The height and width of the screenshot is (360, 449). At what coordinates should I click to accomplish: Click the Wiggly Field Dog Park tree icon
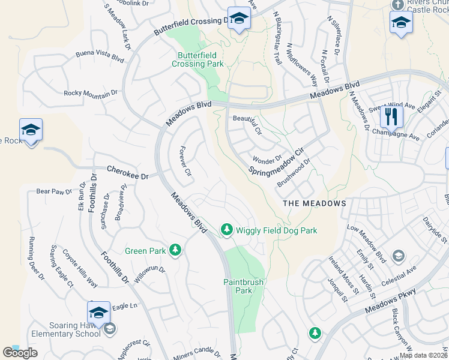tap(226, 230)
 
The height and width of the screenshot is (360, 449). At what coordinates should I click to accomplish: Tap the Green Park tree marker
tap(175, 250)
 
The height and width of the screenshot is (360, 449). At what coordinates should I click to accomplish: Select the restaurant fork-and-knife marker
tap(391, 116)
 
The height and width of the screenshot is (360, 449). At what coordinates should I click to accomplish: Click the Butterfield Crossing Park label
tap(197, 59)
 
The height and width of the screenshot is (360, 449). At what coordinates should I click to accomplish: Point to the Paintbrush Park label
tap(238, 286)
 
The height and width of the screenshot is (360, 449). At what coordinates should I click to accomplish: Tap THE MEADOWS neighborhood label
tap(315, 203)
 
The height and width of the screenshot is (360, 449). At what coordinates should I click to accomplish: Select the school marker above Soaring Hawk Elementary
tap(98, 313)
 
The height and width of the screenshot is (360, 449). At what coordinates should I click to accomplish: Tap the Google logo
tap(19, 353)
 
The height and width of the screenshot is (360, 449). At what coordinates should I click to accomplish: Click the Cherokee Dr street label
tap(127, 173)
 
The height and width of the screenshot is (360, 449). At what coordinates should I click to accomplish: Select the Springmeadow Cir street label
tap(277, 160)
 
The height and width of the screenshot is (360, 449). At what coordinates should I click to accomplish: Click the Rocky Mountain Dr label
tap(91, 94)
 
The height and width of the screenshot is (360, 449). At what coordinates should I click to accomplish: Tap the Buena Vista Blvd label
tap(100, 56)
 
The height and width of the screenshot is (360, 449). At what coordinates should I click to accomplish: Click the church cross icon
tap(397, 4)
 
